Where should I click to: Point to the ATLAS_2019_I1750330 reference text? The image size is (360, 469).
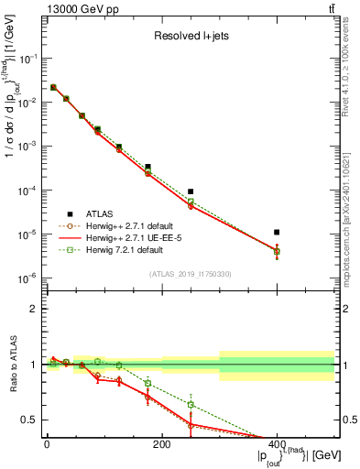(191, 274)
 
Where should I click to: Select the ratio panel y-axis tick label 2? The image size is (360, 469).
(33, 310)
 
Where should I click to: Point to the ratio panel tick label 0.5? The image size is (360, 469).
(29, 420)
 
